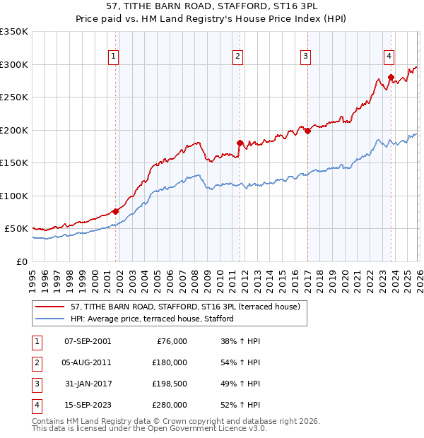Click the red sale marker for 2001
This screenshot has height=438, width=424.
click(115, 211)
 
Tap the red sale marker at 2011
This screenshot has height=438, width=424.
click(240, 143)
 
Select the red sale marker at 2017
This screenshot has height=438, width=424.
click(307, 131)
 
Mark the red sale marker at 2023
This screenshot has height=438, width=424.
click(391, 78)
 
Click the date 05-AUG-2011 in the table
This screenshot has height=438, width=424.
click(87, 362)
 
